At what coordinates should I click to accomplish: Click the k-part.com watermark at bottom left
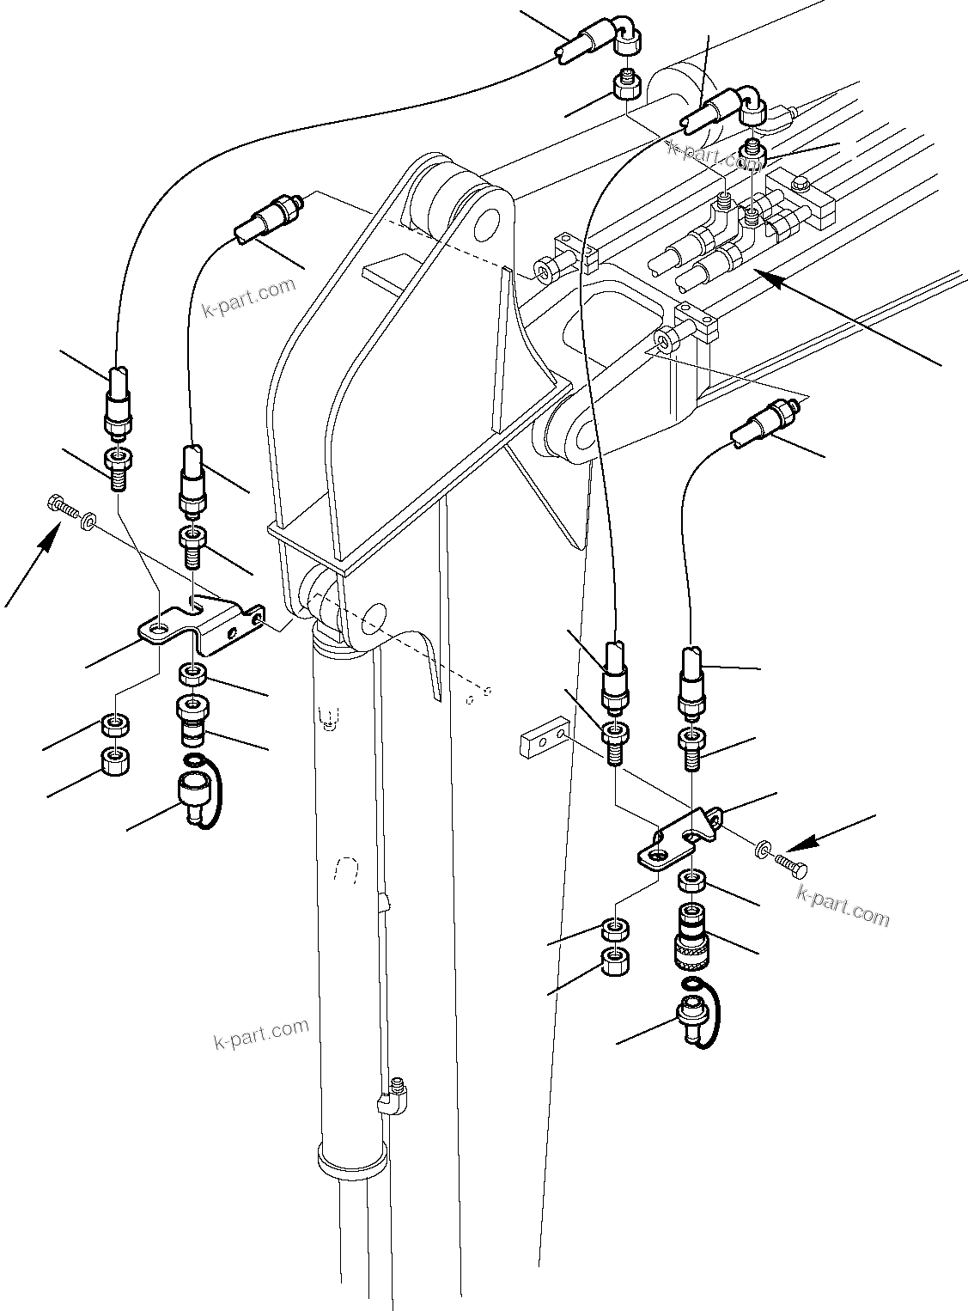click(261, 1034)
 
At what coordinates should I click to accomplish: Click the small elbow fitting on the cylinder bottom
click(397, 1095)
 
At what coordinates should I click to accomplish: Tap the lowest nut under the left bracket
click(114, 760)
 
